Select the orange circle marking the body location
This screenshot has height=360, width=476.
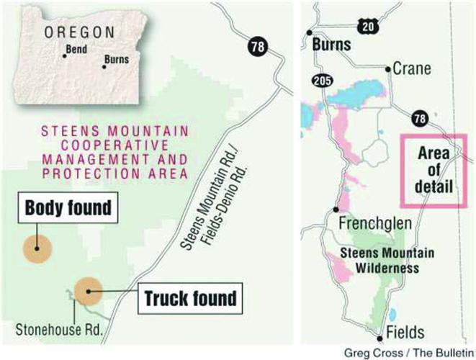[x=37, y=249]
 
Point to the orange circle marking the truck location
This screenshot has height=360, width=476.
[x=88, y=292]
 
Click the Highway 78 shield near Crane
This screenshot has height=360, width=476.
[x=417, y=117]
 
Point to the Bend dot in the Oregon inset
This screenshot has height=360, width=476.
[x=64, y=56]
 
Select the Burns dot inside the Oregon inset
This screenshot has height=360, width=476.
[x=104, y=67]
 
